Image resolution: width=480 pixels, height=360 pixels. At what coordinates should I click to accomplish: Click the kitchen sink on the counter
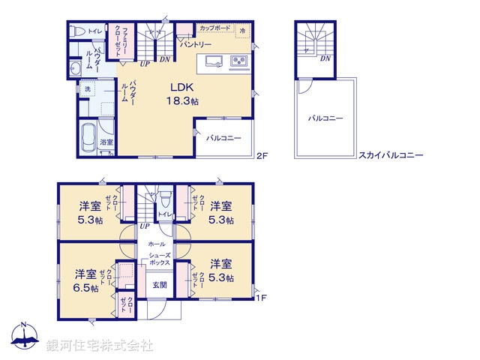click(210, 61)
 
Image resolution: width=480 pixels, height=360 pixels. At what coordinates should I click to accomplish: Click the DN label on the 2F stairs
click(165, 59)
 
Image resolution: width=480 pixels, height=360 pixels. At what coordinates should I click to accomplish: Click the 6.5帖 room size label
click(85, 289)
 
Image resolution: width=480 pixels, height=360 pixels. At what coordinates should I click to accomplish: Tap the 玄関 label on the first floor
click(160, 285)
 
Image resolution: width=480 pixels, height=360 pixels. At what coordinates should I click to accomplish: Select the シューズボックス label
click(158, 259)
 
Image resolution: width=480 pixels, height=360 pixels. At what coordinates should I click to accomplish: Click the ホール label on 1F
click(156, 244)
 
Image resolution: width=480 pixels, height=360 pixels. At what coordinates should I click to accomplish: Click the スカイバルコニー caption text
click(391, 156)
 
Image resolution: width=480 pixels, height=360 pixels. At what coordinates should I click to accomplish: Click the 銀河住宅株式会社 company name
click(100, 346)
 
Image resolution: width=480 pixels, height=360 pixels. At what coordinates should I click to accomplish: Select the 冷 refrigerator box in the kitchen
click(243, 30)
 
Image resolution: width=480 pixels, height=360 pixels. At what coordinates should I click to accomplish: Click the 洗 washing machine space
click(87, 89)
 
